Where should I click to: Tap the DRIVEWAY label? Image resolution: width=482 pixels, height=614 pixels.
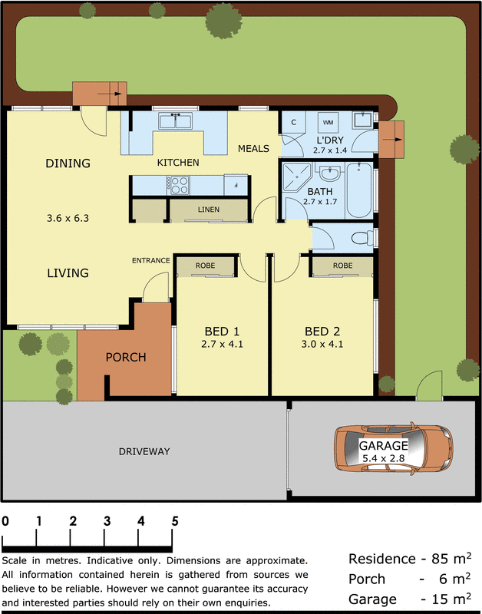(x=144, y=451)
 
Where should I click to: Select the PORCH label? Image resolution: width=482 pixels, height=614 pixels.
(x=126, y=357)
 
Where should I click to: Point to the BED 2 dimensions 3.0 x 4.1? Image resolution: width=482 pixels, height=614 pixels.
(x=322, y=344)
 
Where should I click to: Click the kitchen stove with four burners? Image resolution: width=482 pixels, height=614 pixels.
(x=179, y=185)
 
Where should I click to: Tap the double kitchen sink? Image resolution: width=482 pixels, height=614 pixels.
(x=176, y=121)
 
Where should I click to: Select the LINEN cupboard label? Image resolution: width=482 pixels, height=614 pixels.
(x=208, y=210)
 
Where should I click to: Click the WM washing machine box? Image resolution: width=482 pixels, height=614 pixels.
(x=328, y=122)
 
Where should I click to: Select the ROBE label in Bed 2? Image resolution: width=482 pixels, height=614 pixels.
(x=342, y=266)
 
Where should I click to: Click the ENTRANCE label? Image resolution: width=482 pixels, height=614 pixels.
(x=150, y=260)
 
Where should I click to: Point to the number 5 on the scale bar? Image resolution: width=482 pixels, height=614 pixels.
(x=175, y=520)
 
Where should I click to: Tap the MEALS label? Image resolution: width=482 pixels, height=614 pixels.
(x=253, y=148)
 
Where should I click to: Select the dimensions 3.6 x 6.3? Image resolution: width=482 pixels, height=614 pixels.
(x=68, y=218)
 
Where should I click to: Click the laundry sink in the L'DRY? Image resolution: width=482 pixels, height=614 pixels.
(x=361, y=120)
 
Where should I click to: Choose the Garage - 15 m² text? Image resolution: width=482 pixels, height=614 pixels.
(x=409, y=599)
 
